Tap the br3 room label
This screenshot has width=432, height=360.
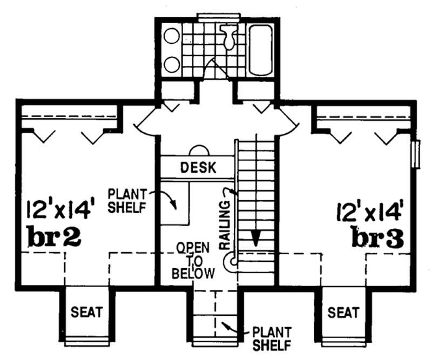click(376, 237)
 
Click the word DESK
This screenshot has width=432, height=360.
click(198, 167)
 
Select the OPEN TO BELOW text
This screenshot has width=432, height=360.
click(193, 261)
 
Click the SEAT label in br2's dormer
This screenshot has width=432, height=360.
click(87, 313)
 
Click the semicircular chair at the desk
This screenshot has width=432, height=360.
click(198, 151)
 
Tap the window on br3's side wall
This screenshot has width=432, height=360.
click(416, 154)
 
